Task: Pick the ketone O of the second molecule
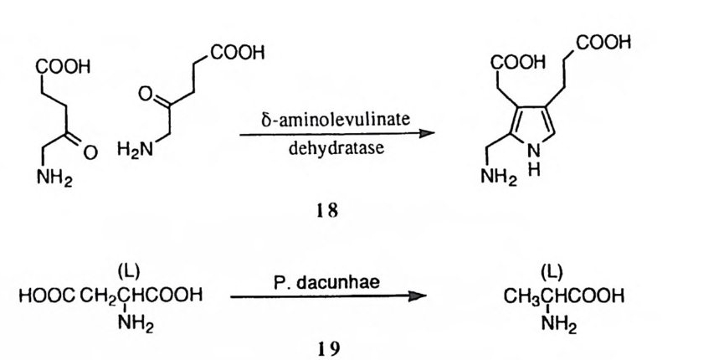(x=145, y=96)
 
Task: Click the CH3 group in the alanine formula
(x=520, y=295)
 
